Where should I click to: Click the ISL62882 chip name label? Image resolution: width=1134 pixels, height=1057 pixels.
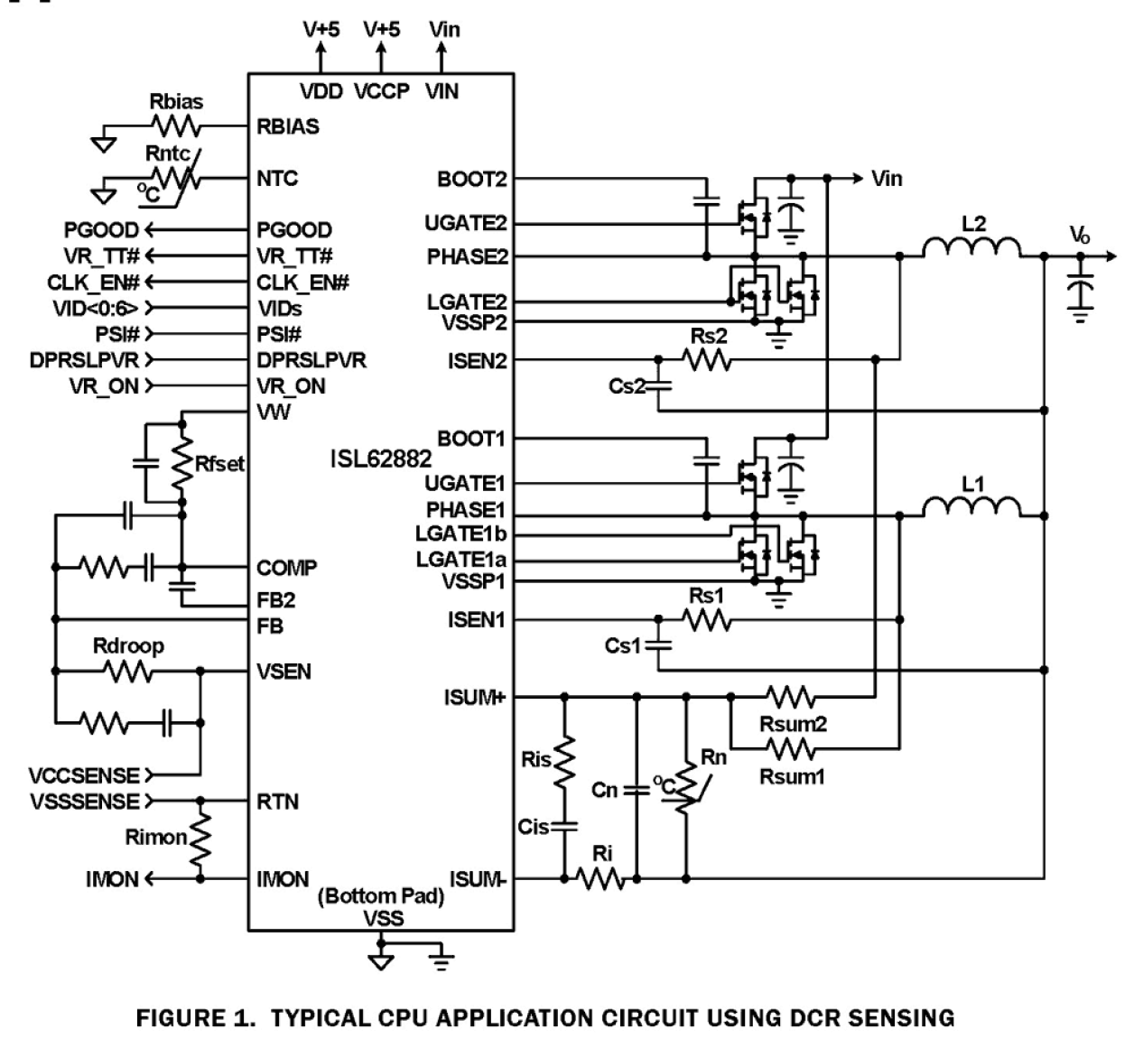click(380, 459)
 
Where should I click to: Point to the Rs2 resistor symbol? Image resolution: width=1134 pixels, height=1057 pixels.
click(708, 361)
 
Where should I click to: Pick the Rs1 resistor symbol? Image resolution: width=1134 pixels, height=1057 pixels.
click(708, 620)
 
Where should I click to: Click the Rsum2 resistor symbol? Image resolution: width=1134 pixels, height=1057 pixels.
click(791, 697)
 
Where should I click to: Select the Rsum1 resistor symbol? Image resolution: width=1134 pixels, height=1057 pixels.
click(791, 748)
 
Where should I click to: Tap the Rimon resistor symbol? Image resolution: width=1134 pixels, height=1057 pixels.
click(200, 840)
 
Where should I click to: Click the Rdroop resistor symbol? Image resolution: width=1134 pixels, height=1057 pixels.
click(128, 672)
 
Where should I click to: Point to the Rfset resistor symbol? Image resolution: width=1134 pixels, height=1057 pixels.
click(182, 463)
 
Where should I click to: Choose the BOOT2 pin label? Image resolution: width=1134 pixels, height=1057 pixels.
click(471, 179)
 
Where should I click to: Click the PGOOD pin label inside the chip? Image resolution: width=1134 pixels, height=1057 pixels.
click(294, 230)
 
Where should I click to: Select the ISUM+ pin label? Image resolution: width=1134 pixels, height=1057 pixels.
click(474, 698)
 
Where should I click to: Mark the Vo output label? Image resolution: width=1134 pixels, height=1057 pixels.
click(1080, 236)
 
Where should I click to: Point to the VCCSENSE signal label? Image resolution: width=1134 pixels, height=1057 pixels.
click(84, 775)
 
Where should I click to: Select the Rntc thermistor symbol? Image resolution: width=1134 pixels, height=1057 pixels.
click(173, 179)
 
